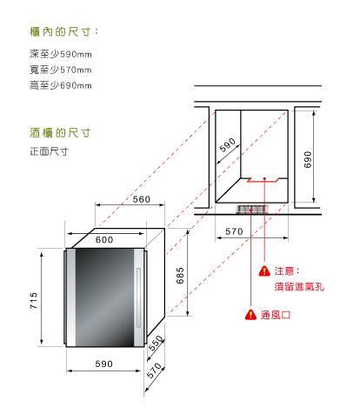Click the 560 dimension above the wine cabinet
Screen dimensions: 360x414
pos(142,199)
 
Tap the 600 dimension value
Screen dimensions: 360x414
pos(104,239)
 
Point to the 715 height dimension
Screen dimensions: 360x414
pos(34,300)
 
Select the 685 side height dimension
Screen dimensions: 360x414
pos(180,276)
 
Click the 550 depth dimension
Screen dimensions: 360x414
pos(156,343)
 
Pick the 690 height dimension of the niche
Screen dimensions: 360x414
pos(308,159)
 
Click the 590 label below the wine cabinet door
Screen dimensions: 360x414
pos(104,364)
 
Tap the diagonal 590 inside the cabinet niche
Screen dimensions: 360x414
pos(228,144)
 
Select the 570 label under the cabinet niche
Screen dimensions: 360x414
pos(234,231)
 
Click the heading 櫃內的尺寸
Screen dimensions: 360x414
pos(64,31)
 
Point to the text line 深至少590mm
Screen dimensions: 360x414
pos(61,54)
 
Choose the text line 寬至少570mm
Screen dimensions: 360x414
pos(61,70)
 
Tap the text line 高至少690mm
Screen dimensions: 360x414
pos(61,85)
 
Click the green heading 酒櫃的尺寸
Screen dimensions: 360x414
pos(60,133)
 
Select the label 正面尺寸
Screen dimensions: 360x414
pos(50,151)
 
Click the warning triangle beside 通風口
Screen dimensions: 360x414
pos(250,315)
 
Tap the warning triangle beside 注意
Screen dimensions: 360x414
pos(264,271)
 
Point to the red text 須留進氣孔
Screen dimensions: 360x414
pos(299,287)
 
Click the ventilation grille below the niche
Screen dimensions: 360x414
pos(251,209)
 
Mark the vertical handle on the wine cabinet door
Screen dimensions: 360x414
pos(138,297)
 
